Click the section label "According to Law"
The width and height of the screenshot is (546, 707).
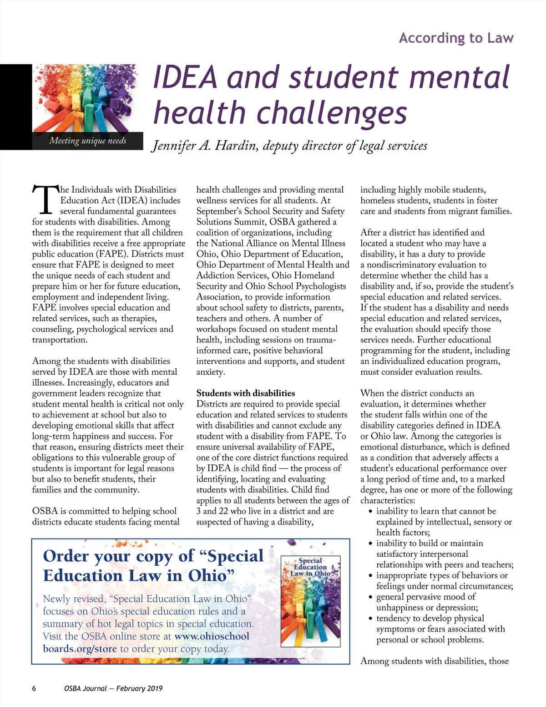click(x=456, y=38)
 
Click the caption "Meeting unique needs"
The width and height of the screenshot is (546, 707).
click(x=88, y=141)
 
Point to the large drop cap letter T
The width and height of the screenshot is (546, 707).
click(x=45, y=199)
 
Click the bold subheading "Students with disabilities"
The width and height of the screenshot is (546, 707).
click(x=246, y=393)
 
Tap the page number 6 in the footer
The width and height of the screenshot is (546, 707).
click(x=34, y=688)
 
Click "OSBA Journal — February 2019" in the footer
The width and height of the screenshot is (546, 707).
click(x=113, y=688)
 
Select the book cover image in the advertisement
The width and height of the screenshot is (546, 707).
click(x=311, y=601)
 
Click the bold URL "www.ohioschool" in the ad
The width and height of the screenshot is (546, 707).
click(x=212, y=636)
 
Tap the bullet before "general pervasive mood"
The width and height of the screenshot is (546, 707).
click(x=371, y=597)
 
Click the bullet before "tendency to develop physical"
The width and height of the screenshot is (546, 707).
click(x=371, y=619)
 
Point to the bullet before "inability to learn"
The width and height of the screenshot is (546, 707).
click(x=371, y=512)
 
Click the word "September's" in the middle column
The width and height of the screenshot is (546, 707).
click(x=219, y=211)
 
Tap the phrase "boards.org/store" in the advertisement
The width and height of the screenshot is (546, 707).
click(x=80, y=649)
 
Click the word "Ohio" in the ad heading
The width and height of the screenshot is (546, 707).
click(x=207, y=575)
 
